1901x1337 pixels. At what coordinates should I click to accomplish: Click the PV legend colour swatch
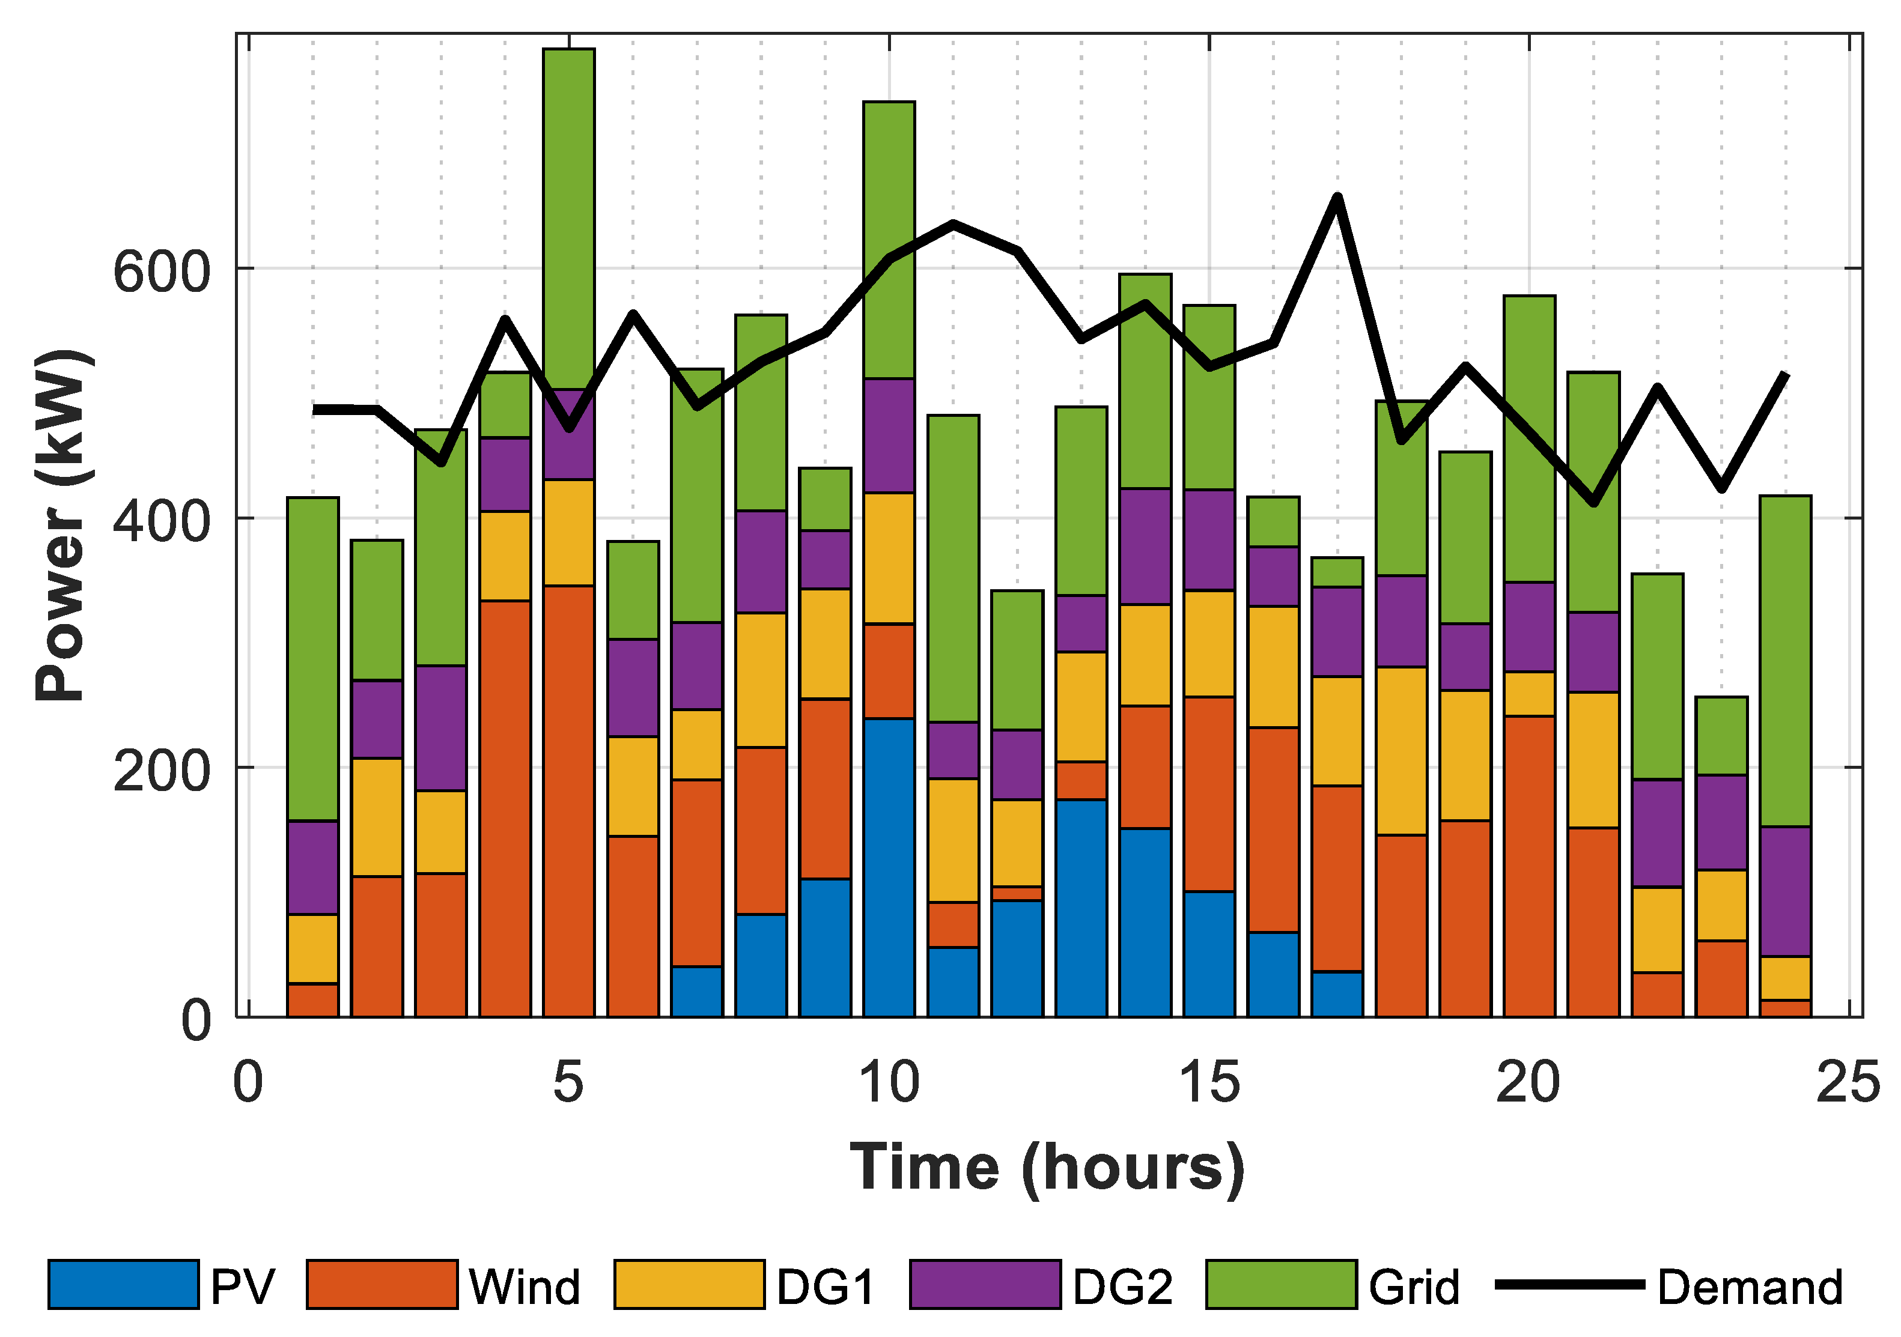click(x=123, y=1285)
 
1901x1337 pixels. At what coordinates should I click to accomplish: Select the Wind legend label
click(x=524, y=1287)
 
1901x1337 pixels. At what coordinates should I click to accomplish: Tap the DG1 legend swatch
click(x=689, y=1285)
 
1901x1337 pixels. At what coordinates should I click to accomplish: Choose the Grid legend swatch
click(x=1281, y=1285)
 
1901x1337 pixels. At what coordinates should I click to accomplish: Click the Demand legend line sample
click(x=1569, y=1285)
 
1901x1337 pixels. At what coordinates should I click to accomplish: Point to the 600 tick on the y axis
click(x=162, y=271)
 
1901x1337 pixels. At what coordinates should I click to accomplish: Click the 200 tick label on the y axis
click(x=162, y=771)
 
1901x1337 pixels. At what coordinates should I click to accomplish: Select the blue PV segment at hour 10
click(x=889, y=867)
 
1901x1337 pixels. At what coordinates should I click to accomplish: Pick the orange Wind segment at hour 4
click(x=505, y=808)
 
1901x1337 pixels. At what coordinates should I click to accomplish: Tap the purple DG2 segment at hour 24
click(x=1785, y=891)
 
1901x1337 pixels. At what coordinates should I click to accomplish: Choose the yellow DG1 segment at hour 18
click(x=1401, y=751)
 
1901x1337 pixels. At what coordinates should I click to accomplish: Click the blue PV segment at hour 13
click(x=1081, y=908)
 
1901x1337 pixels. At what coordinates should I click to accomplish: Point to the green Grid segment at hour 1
click(x=313, y=659)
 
